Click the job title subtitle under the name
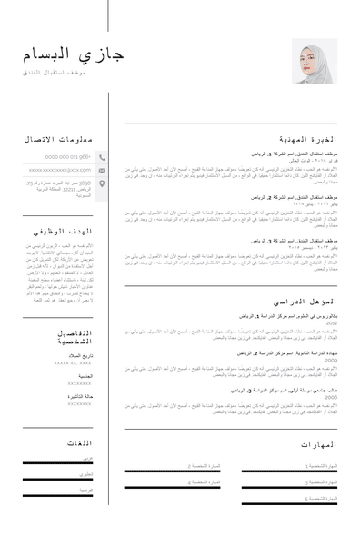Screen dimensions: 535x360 pyautogui.click(x=55, y=72)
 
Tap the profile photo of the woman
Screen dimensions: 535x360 pyautogui.click(x=315, y=61)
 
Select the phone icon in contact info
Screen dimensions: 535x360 pyautogui.click(x=102, y=156)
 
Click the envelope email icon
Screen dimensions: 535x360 pyautogui.click(x=102, y=170)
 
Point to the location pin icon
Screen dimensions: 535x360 pyautogui.click(x=102, y=183)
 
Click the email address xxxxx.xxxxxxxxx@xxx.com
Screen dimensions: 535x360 pyautogui.click(x=60, y=170)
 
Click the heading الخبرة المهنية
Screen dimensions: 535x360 pyautogui.click(x=307, y=140)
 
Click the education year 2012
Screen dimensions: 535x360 pyautogui.click(x=332, y=322)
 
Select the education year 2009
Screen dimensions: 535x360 pyautogui.click(x=332, y=361)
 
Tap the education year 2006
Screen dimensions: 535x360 pyautogui.click(x=332, y=398)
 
